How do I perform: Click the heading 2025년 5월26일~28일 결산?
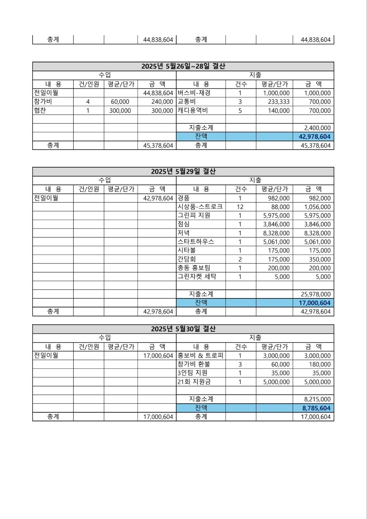[183, 66]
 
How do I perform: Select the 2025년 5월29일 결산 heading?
[183, 172]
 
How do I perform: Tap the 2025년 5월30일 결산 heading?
[183, 329]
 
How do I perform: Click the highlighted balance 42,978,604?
[314, 137]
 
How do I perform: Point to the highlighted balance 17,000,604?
[314, 303]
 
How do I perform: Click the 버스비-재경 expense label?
[194, 93]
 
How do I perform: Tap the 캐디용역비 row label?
[193, 111]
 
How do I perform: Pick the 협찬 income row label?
[40, 111]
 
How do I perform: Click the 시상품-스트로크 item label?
[200, 207]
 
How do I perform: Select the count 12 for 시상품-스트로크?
[240, 207]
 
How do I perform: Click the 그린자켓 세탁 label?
[197, 277]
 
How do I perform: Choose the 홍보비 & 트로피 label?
[200, 356]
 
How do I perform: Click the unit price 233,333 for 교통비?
[279, 102]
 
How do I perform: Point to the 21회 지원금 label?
[194, 382]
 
